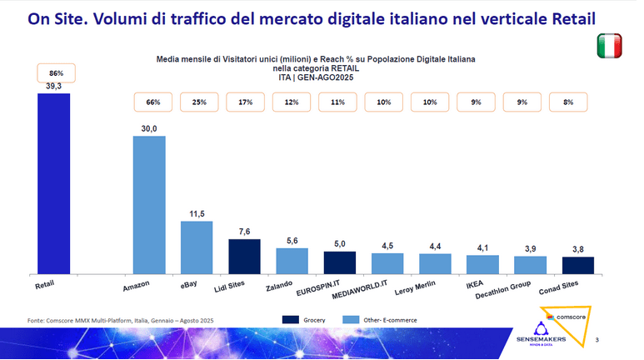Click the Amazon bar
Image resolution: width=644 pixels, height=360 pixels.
coord(150,204)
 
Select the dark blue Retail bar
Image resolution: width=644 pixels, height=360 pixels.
coord(54,183)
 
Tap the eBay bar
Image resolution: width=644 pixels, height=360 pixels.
coord(197,247)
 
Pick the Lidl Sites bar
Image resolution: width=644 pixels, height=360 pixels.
coord(244,257)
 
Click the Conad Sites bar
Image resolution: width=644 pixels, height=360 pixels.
coord(577,265)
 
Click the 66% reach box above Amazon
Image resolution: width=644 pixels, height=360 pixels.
coord(152,102)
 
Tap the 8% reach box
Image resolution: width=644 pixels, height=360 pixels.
coord(567,102)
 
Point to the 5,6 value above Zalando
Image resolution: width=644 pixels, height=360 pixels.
coord(291,241)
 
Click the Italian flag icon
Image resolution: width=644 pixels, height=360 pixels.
coord(611,47)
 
